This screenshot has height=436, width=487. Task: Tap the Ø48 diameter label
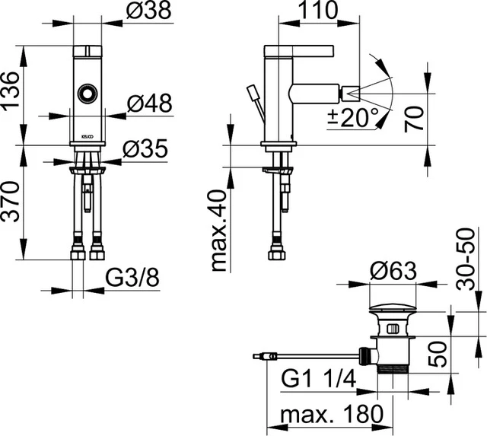(x=150, y=102)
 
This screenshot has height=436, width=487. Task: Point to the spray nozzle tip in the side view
(x=349, y=94)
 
